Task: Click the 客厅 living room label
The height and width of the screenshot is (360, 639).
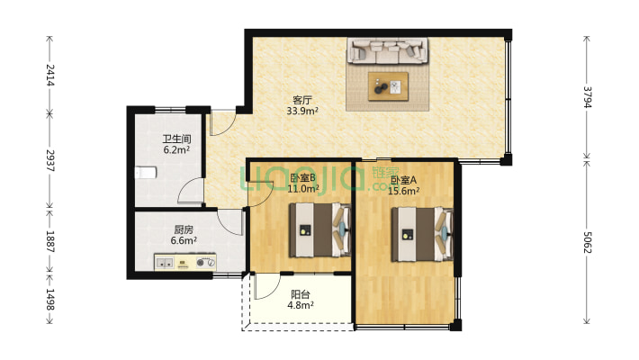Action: pos(301,100)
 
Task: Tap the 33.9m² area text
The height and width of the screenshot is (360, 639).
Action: pos(301,112)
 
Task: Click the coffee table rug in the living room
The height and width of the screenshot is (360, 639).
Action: pos(389,87)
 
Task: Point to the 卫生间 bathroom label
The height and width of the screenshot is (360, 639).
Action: pos(175,139)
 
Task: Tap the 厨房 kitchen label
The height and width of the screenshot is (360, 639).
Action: pos(183,229)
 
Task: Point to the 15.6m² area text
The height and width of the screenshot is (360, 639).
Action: pos(404,190)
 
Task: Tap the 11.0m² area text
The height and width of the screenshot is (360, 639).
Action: pos(304,189)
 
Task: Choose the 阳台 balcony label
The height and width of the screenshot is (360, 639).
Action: pos(301,293)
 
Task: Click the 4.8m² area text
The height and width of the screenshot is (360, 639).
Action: pos(301,305)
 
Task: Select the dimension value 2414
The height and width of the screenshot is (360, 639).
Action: pos(50,76)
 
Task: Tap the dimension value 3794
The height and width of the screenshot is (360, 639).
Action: pos(587,97)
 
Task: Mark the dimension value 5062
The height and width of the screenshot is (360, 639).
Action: pos(587,239)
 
